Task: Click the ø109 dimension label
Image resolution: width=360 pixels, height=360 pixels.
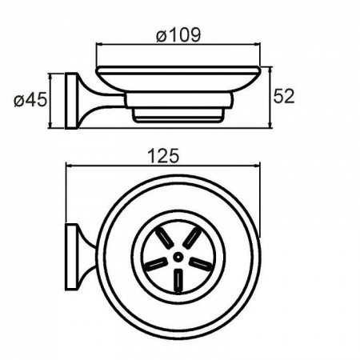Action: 178,34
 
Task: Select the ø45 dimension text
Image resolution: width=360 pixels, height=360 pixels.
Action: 30,100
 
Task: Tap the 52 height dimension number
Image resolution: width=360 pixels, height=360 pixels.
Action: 284,96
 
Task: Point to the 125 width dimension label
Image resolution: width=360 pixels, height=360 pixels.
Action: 163,156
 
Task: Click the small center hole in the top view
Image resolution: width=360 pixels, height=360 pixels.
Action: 177,258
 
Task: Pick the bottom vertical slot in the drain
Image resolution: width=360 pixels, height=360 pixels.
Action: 178,281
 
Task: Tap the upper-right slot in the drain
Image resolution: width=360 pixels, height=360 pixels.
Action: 192,237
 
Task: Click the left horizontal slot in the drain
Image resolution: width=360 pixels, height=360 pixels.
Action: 156,264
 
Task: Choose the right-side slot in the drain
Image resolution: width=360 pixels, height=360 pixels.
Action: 200,263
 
